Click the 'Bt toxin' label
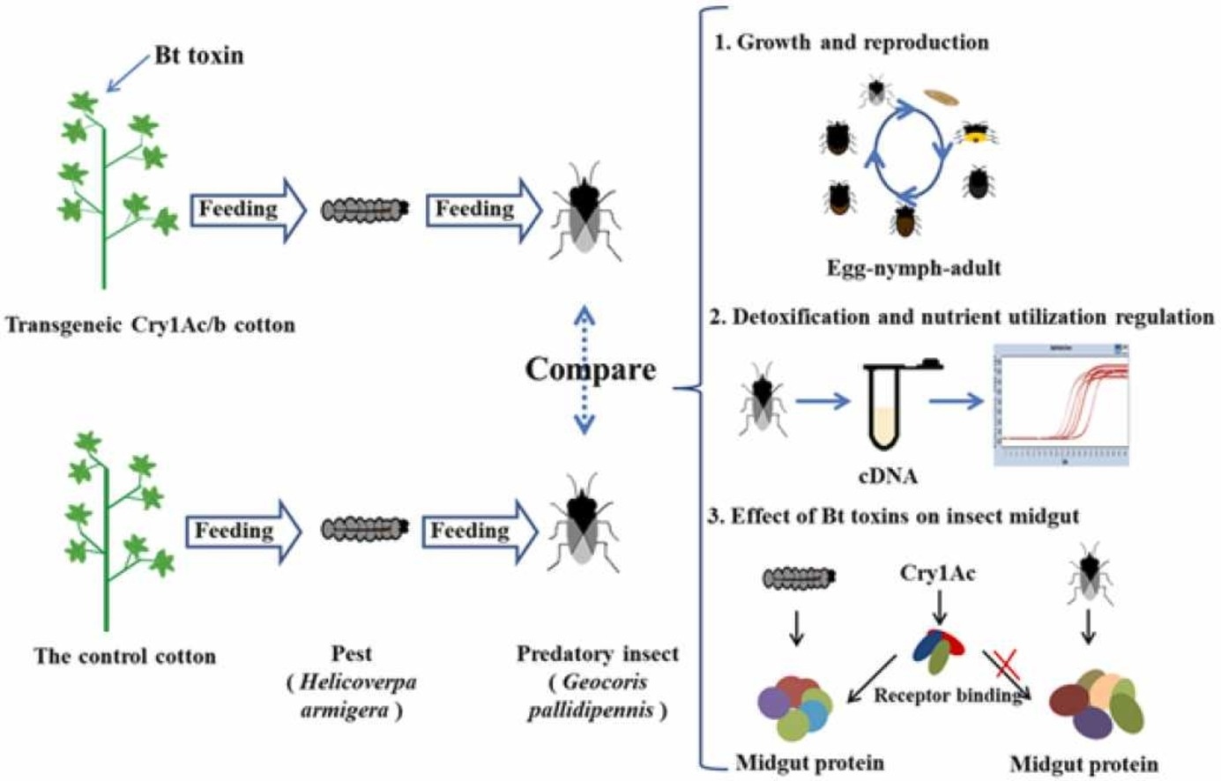click(x=198, y=56)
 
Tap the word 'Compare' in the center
click(x=590, y=368)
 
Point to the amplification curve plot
click(x=1061, y=405)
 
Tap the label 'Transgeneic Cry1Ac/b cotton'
click(x=151, y=325)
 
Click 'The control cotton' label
click(x=125, y=657)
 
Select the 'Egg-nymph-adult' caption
click(x=913, y=268)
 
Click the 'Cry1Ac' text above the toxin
click(x=937, y=574)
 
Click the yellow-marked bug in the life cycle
click(x=975, y=134)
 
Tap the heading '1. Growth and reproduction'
click(x=852, y=42)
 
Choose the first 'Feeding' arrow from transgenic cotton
click(x=247, y=210)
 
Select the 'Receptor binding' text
click(x=946, y=695)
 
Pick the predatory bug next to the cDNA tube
click(x=758, y=403)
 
